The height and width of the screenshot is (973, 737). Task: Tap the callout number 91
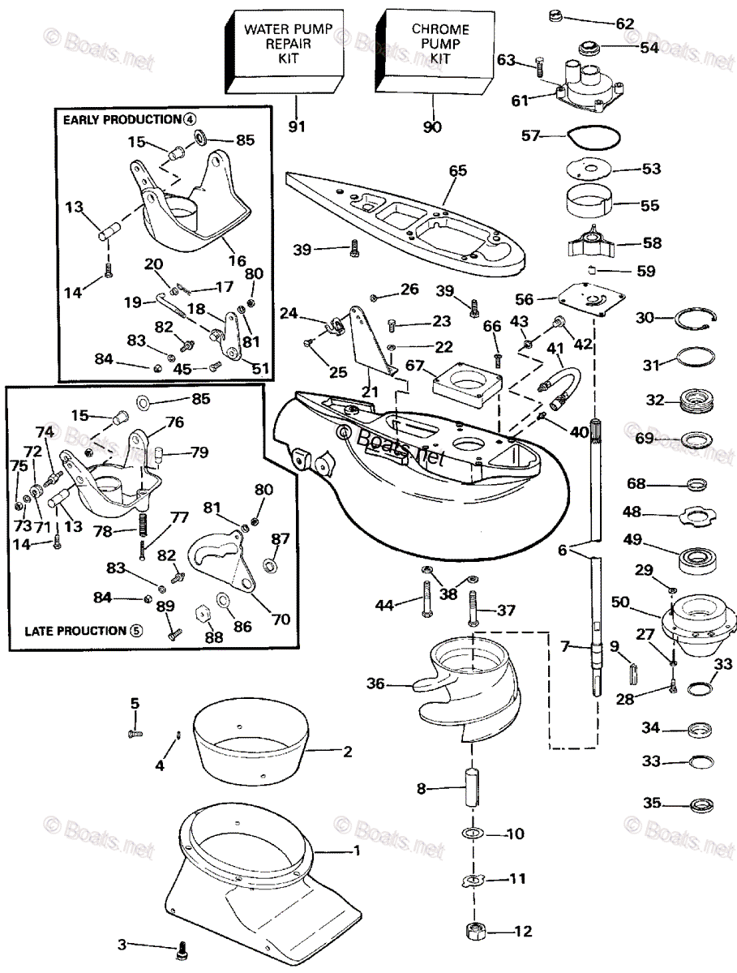(296, 126)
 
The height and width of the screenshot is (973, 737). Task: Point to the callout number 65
(458, 170)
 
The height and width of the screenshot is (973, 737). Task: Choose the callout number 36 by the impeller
(376, 684)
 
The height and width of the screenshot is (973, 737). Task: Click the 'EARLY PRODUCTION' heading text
(122, 119)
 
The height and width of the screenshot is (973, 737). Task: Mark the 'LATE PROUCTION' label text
(75, 630)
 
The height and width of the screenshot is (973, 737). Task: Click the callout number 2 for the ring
(347, 752)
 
